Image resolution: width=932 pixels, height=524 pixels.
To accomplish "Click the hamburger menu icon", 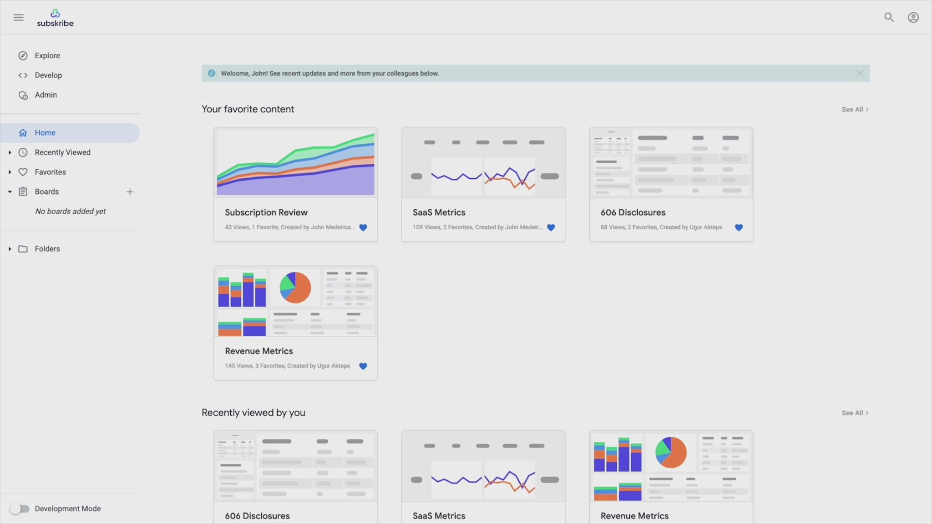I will pyautogui.click(x=19, y=18).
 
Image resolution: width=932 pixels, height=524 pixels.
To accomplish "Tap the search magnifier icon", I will pyautogui.click(x=889, y=18).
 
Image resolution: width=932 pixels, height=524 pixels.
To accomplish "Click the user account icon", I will pyautogui.click(x=913, y=18).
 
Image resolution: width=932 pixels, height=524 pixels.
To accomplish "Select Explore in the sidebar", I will pyautogui.click(x=47, y=55).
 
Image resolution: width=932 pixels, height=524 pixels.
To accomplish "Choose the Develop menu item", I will pyautogui.click(x=48, y=75).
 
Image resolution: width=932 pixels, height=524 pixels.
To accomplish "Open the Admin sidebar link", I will pyautogui.click(x=46, y=95).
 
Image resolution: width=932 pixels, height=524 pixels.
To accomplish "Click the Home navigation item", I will pyautogui.click(x=45, y=133).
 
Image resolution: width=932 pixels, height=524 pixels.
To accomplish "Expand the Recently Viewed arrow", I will pyautogui.click(x=10, y=152).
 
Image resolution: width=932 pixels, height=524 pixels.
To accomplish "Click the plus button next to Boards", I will pyautogui.click(x=130, y=192).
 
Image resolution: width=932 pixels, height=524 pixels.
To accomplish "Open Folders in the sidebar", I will pyautogui.click(x=47, y=249).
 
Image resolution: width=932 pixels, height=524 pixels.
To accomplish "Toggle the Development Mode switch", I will pyautogui.click(x=20, y=509).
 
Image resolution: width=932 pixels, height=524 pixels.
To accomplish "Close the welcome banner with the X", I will pyautogui.click(x=860, y=73).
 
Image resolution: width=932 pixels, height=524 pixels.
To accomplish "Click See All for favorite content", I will pyautogui.click(x=855, y=110).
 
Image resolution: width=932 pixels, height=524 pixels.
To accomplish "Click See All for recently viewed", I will pyautogui.click(x=855, y=413).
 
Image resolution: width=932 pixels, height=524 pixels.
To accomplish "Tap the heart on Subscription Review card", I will pyautogui.click(x=363, y=227).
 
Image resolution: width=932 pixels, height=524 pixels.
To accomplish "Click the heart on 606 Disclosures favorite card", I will pyautogui.click(x=739, y=227).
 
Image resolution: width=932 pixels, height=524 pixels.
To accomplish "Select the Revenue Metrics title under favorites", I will pyautogui.click(x=258, y=351).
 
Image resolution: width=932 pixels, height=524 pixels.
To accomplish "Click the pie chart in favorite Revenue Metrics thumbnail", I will pyautogui.click(x=295, y=287).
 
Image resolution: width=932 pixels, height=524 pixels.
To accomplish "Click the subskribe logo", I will pyautogui.click(x=55, y=18).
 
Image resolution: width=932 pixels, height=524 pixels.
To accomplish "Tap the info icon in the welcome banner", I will pyautogui.click(x=212, y=73).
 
